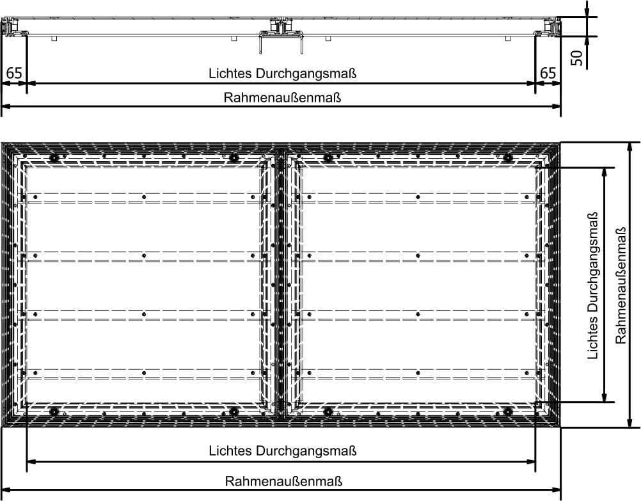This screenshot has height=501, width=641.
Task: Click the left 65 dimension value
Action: [14, 73]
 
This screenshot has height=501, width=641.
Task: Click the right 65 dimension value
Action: [548, 73]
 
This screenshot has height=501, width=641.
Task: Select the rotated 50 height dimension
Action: [577, 58]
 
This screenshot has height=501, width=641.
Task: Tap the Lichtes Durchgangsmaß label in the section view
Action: [282, 73]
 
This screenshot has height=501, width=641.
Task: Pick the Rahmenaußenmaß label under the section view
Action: [282, 99]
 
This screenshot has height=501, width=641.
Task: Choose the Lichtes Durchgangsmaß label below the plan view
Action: [282, 451]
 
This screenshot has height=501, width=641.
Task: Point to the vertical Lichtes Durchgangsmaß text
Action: [594, 285]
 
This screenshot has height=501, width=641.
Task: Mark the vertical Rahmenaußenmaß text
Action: [621, 285]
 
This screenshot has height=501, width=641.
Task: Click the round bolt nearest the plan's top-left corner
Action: [54, 157]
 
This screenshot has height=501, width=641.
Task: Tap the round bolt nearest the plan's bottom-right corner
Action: [508, 411]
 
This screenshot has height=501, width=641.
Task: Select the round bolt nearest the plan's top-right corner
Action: [508, 157]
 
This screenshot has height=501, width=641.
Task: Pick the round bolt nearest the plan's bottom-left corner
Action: [54, 411]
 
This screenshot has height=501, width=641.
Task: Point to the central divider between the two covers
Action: [280, 285]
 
